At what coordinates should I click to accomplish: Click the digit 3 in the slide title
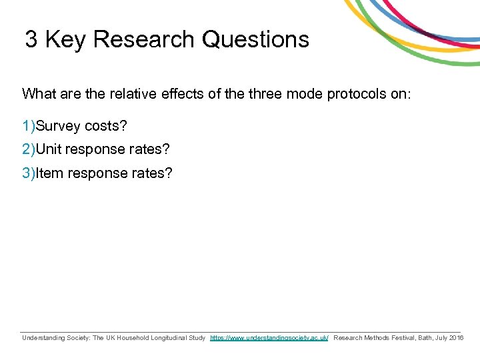(x=31, y=39)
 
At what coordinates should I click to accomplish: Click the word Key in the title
(x=65, y=39)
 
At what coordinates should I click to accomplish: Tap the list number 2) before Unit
(x=29, y=150)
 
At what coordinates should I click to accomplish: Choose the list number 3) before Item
(x=29, y=173)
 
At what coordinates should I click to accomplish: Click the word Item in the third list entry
(x=49, y=173)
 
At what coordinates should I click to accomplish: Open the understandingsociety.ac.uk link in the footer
(x=269, y=338)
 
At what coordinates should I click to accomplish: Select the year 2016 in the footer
(x=457, y=338)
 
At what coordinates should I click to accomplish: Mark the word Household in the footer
(x=125, y=338)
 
